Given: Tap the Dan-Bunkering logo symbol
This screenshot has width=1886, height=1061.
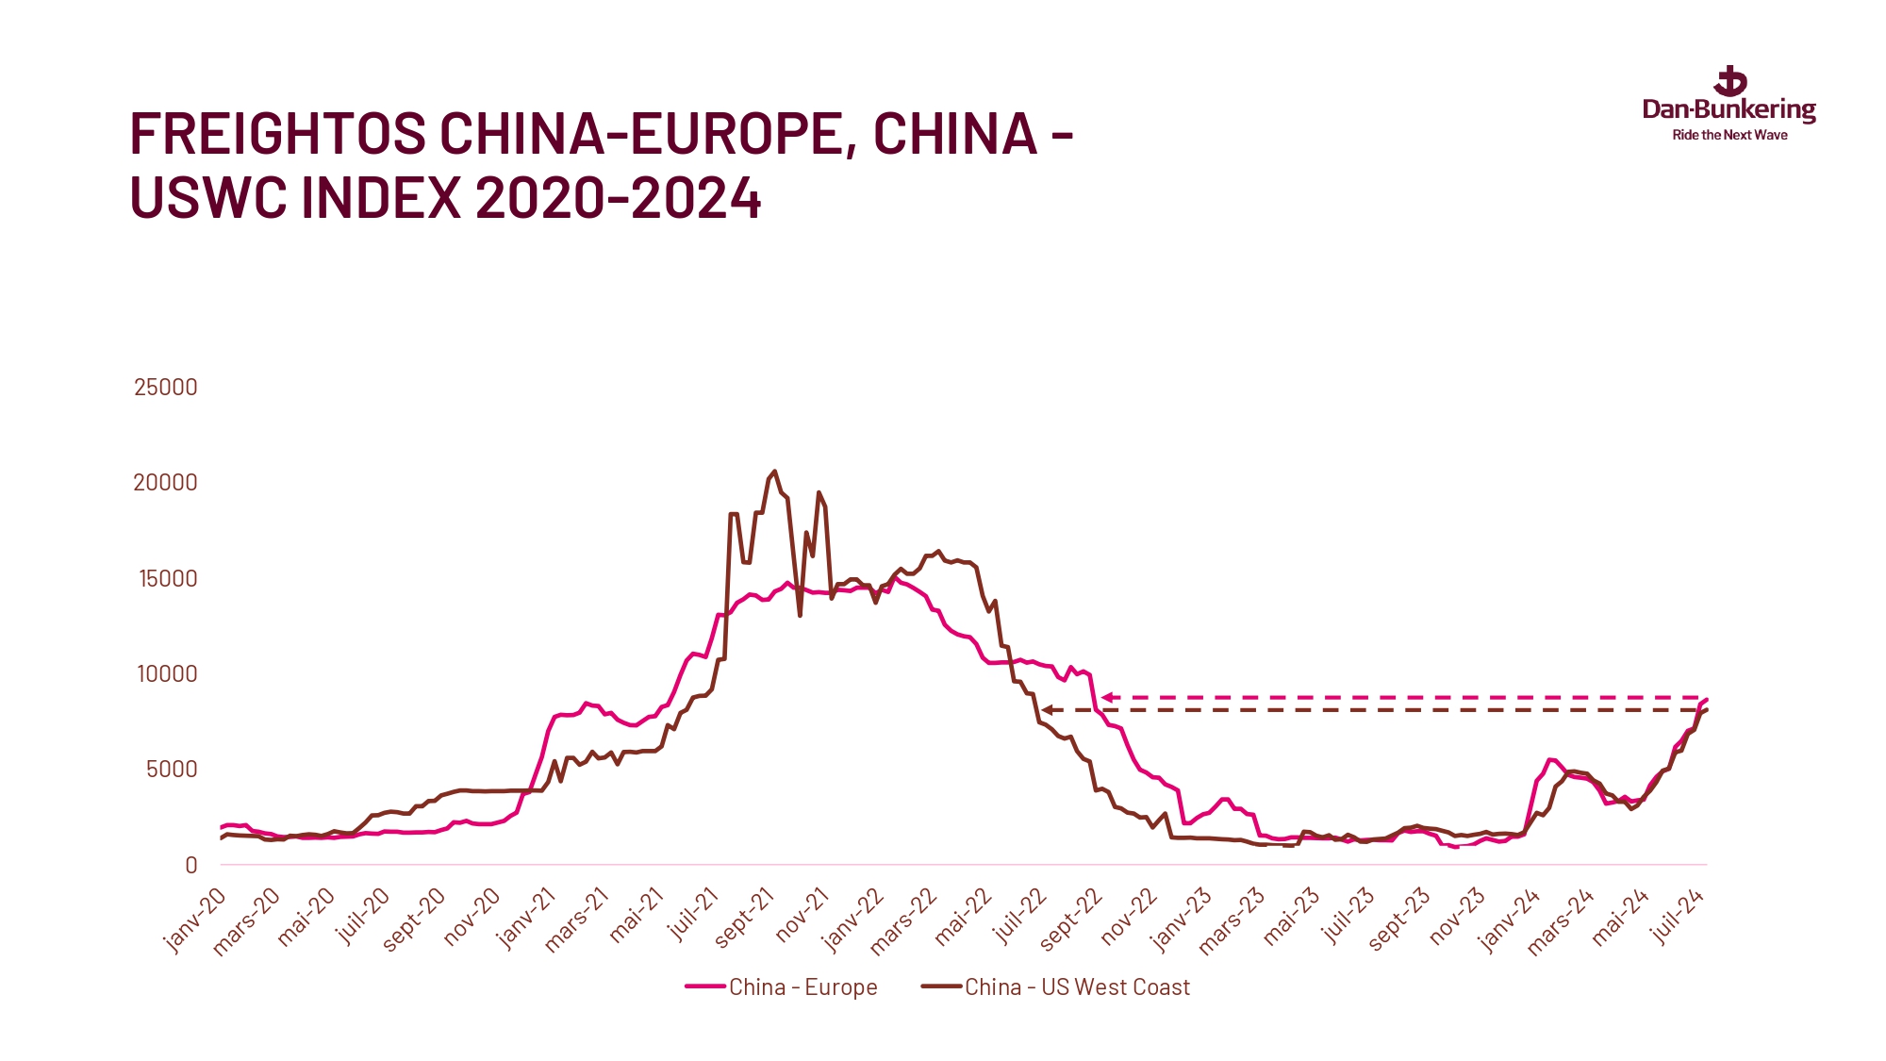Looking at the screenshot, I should (x=1730, y=82).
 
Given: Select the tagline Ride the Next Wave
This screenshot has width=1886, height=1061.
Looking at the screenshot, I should (x=1729, y=136).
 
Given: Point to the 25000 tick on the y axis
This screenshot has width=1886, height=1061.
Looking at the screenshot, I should (x=166, y=387).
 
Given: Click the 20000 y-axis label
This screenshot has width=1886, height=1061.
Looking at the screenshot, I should (x=166, y=483).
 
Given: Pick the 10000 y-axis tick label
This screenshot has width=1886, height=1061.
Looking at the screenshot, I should (x=167, y=673).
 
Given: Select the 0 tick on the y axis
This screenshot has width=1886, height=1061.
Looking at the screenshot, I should (x=191, y=865).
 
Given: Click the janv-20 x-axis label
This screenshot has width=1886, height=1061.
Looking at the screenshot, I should (x=195, y=920).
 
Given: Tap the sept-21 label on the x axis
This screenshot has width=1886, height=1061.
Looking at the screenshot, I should (x=744, y=918).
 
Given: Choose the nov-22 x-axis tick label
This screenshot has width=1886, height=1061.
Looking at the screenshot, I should (x=1129, y=917).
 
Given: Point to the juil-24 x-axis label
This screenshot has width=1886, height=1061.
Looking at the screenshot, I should (x=1678, y=917).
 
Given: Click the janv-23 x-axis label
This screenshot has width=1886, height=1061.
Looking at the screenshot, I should (x=1182, y=920).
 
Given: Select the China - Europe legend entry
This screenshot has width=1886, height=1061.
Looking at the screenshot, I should (x=782, y=987).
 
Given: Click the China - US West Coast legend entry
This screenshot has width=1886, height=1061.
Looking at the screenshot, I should (x=1056, y=987).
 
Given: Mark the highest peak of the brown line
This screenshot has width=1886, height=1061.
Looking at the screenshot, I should (x=774, y=471).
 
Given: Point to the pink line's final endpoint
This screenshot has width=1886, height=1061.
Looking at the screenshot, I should (x=1707, y=699).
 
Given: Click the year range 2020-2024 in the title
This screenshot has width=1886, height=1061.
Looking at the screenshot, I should (x=618, y=199).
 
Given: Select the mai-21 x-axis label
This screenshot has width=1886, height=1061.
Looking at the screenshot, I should (x=637, y=917).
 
